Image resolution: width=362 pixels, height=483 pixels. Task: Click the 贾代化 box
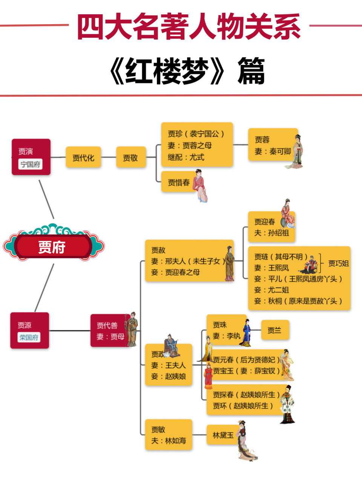click(x=83, y=157)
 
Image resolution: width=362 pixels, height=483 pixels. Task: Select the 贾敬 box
click(x=130, y=157)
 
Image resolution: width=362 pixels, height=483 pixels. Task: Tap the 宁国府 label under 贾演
click(x=31, y=164)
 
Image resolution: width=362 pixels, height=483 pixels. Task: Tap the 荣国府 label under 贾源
click(x=29, y=337)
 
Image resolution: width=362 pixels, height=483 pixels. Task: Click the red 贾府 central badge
click(x=52, y=247)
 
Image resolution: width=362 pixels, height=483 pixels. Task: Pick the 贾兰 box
click(x=275, y=330)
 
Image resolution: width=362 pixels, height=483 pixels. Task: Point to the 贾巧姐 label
click(x=338, y=263)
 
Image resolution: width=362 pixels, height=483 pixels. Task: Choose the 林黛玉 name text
click(x=223, y=435)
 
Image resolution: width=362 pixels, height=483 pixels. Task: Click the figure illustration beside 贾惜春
click(x=200, y=186)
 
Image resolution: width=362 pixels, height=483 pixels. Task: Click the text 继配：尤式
click(x=186, y=157)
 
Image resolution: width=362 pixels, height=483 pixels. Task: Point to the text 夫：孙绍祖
click(x=271, y=233)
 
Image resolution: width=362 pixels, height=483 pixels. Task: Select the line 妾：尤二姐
click(x=271, y=290)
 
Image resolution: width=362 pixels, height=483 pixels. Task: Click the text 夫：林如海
click(x=169, y=440)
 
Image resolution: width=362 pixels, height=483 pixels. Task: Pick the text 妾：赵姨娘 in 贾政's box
click(x=169, y=376)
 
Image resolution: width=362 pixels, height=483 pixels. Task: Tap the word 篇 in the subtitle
click(x=251, y=71)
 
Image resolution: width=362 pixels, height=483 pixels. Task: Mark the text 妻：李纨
click(x=226, y=336)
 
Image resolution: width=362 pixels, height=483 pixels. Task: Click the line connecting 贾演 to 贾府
click(x=46, y=199)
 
